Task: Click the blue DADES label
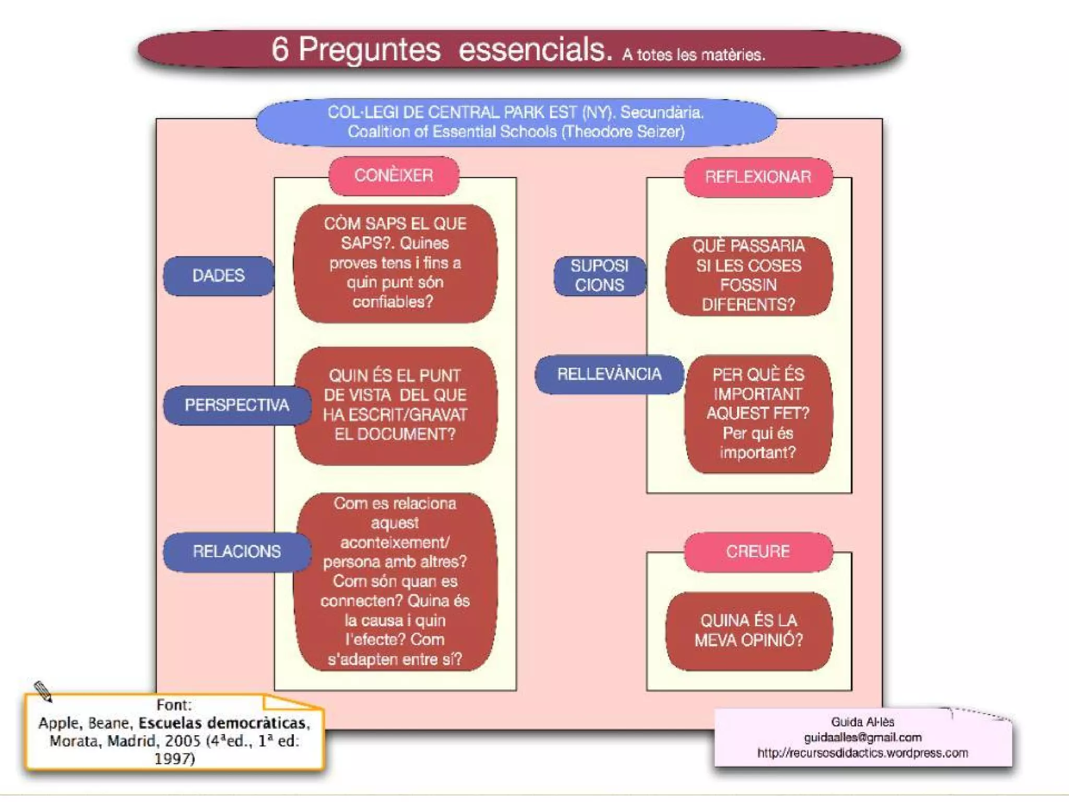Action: tap(218, 276)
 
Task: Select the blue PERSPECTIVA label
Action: tap(236, 405)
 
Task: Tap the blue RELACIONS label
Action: tap(236, 551)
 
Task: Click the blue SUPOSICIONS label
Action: tap(599, 276)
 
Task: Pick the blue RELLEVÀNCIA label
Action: tap(609, 374)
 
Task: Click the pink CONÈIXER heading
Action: tap(394, 175)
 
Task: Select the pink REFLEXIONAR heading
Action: tap(758, 177)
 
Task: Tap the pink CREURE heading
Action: tap(758, 551)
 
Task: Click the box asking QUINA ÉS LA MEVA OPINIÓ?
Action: tap(749, 631)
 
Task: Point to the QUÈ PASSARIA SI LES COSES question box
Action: tap(749, 276)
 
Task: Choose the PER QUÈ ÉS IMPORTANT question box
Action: tap(758, 414)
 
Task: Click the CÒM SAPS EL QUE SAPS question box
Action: tap(395, 263)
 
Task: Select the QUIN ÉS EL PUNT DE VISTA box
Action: tap(395, 405)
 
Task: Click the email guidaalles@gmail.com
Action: tap(862, 737)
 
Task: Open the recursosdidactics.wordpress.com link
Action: tap(862, 753)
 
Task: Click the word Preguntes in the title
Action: tap(370, 50)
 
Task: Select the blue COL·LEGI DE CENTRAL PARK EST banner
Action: tap(516, 122)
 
